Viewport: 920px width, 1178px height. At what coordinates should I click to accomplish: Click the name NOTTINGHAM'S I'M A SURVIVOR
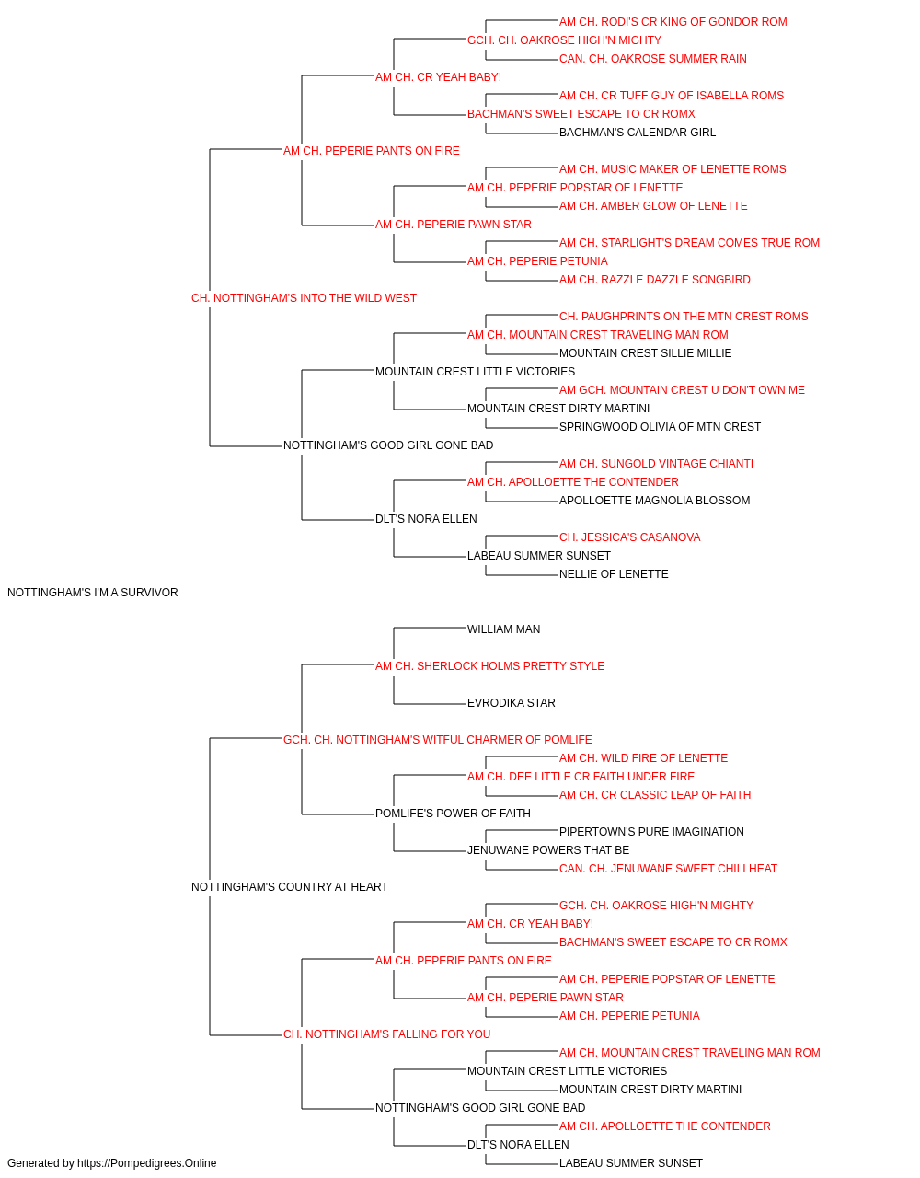[x=93, y=593]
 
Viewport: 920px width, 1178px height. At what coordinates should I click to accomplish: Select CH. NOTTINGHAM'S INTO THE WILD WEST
[x=304, y=298]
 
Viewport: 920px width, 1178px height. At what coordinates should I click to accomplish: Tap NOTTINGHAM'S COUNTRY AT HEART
[x=289, y=887]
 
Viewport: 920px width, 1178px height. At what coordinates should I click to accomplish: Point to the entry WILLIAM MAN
[x=503, y=629]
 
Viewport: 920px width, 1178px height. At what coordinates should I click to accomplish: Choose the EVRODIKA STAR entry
[x=511, y=703]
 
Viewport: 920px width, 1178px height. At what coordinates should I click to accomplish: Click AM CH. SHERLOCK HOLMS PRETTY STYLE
[x=489, y=666]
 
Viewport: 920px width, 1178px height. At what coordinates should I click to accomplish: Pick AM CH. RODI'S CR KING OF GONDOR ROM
[x=673, y=22]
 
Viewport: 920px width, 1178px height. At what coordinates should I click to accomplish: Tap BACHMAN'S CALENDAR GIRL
[x=638, y=133]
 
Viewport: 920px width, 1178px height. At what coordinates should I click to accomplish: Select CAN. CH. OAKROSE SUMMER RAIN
[x=653, y=59]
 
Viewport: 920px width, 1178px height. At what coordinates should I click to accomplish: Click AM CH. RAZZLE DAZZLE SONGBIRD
[x=654, y=280]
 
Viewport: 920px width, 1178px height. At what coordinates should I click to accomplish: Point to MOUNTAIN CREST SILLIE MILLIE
[x=645, y=353]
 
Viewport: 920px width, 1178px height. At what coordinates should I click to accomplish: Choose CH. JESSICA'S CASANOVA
[x=629, y=537]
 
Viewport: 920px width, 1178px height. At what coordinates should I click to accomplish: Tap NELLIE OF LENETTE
[x=614, y=574]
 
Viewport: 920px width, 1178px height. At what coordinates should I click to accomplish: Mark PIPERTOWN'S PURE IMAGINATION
[x=651, y=832]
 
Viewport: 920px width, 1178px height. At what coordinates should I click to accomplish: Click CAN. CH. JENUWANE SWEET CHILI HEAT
[x=668, y=869]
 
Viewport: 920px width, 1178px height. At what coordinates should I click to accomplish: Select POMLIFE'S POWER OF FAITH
[x=453, y=814]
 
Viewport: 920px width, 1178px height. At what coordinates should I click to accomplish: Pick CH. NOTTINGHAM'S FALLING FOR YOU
[x=386, y=1034]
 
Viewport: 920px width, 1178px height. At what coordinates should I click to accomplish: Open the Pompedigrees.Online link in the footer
[x=146, y=1163]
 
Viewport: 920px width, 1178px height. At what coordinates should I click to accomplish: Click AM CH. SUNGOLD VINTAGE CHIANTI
[x=656, y=464]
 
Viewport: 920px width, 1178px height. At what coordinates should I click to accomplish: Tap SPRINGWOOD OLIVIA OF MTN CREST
[x=660, y=427]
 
